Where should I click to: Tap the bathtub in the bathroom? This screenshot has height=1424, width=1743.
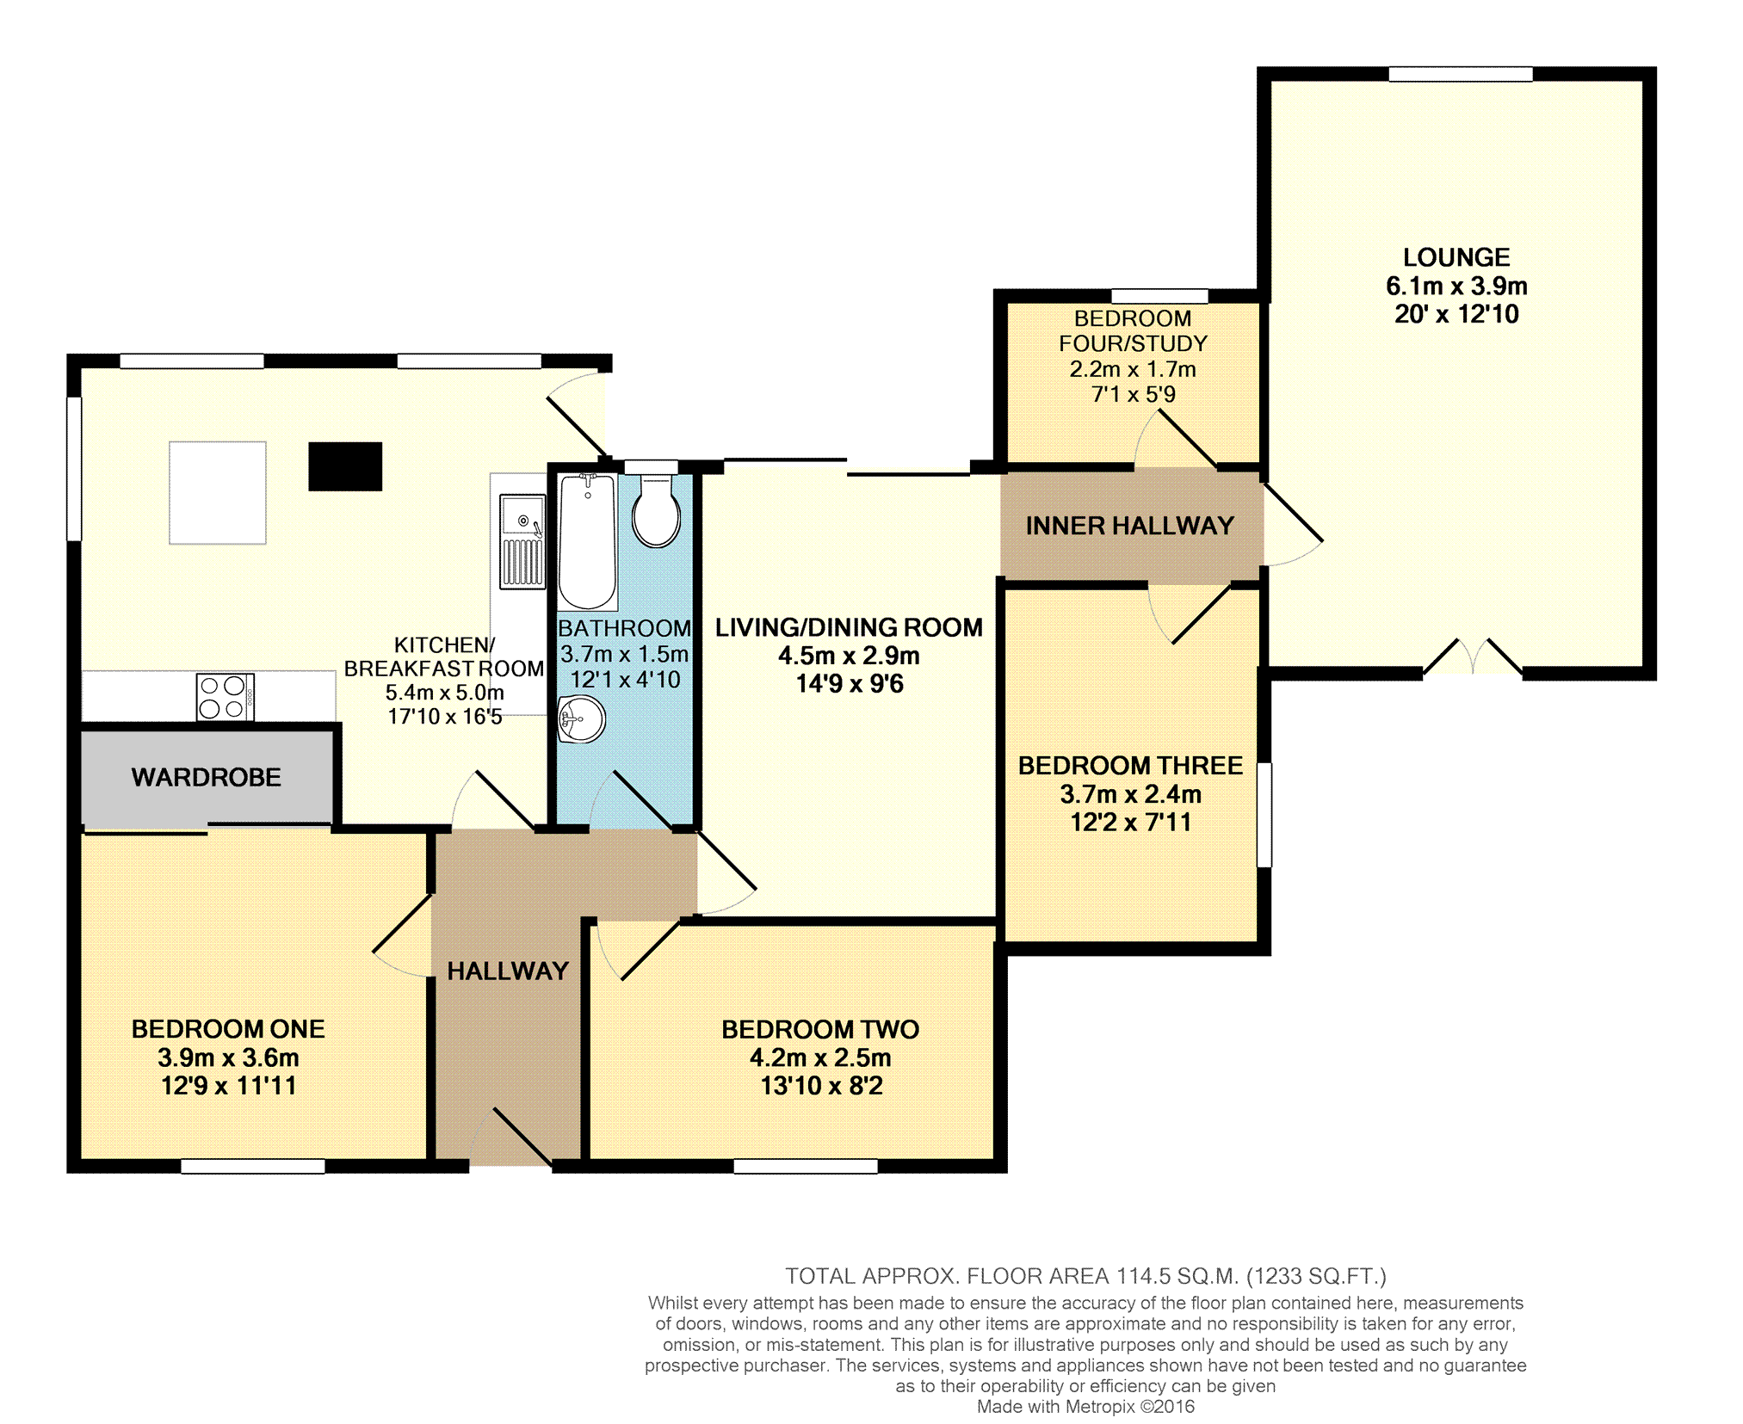pos(588,541)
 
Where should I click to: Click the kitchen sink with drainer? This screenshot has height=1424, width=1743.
pos(522,542)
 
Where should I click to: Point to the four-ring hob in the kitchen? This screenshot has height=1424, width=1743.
pos(225,697)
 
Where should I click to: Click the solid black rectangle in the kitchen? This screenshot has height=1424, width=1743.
pos(345,466)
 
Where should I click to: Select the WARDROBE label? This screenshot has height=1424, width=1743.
pos(207,778)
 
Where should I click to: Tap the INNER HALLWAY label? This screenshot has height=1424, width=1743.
pos(1130,526)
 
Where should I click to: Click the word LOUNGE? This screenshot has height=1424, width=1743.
pos(1456,257)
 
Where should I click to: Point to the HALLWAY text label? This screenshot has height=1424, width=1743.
pos(508,971)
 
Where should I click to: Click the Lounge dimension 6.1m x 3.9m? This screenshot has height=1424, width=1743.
pos(1456,286)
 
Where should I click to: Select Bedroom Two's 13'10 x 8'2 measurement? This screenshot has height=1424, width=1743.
pos(821,1086)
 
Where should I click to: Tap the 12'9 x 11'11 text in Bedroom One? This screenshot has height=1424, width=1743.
pos(228,1086)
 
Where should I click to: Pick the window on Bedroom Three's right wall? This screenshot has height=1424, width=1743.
pos(1264,814)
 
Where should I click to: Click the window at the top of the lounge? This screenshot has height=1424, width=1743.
pos(1461,74)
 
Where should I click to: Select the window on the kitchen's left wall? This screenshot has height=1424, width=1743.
pos(75,469)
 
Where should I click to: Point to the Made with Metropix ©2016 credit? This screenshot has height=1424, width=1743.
pos(1085,1407)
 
